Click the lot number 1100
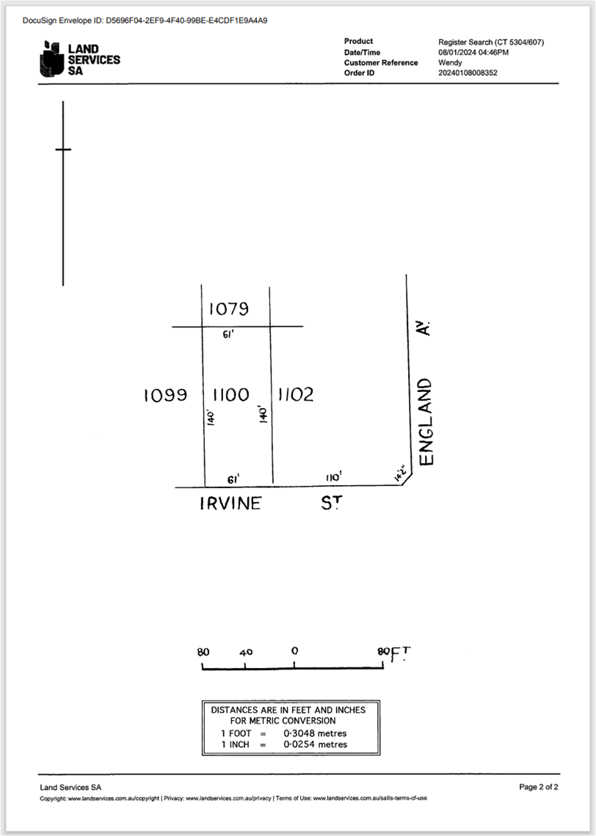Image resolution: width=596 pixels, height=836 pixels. click(x=230, y=395)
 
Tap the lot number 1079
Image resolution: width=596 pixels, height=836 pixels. click(x=229, y=309)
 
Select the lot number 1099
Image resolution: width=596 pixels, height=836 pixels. click(x=165, y=395)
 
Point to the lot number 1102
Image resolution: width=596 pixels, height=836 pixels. click(x=296, y=395)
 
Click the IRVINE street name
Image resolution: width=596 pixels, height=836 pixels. click(x=230, y=504)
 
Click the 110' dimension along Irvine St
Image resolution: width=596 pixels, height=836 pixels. click(x=334, y=476)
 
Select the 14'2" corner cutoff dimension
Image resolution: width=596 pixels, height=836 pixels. click(x=402, y=473)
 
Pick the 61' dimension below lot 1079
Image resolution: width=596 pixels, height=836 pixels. click(x=228, y=335)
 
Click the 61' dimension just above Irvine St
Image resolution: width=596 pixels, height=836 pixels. click(x=233, y=479)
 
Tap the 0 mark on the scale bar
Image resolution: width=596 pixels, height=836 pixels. click(x=295, y=650)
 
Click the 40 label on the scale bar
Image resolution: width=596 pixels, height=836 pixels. click(x=246, y=652)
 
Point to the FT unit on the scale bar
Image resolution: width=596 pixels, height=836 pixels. click(x=401, y=654)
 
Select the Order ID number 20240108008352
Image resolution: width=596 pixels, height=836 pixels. click(x=468, y=73)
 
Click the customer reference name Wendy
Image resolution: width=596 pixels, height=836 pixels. click(x=450, y=62)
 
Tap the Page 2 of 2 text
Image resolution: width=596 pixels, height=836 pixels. click(x=539, y=787)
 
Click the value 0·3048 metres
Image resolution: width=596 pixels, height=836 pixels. click(x=315, y=734)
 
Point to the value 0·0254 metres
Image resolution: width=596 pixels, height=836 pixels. click(x=315, y=744)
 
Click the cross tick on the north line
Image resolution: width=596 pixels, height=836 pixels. click(x=63, y=149)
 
